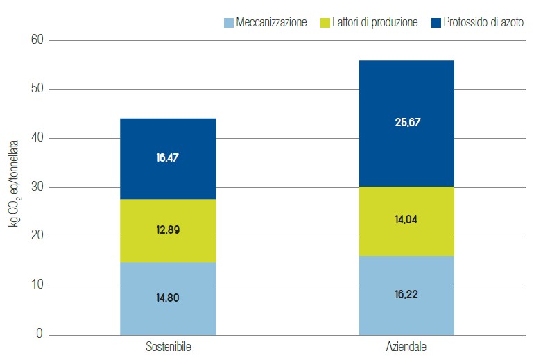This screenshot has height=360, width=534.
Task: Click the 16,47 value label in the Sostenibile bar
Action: click(168, 158)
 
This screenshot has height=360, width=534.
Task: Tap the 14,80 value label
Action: click(168, 298)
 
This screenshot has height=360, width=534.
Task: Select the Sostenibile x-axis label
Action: click(168, 346)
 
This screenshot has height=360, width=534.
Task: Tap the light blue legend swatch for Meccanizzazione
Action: click(228, 23)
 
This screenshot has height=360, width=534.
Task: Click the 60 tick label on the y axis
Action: click(36, 40)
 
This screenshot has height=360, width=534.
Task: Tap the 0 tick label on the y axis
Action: click(40, 335)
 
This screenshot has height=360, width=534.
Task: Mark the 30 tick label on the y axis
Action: click(36, 187)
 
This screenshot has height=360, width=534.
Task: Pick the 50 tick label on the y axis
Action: click(36, 89)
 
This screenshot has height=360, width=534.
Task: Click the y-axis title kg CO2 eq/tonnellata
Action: click(13, 187)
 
